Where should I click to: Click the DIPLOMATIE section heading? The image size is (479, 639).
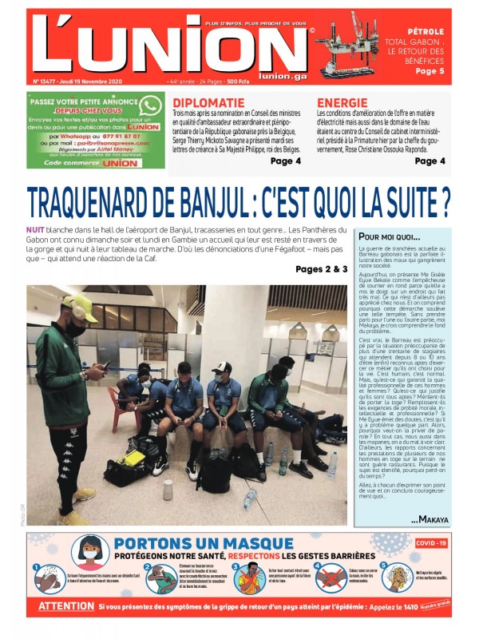(x=208, y=103)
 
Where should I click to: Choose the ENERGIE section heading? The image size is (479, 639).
(x=342, y=103)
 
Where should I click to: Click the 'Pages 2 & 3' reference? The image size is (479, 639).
(x=321, y=269)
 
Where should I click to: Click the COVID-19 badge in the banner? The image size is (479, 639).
(x=430, y=543)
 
